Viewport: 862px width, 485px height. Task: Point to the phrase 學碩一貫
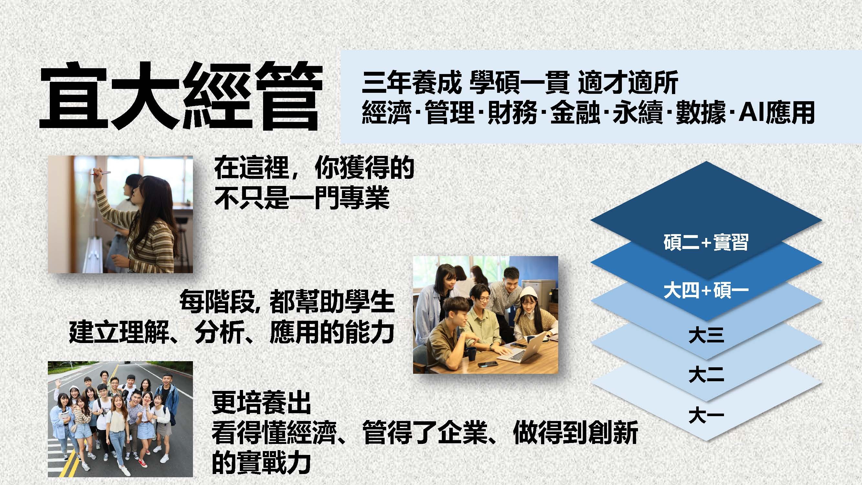pyautogui.click(x=519, y=82)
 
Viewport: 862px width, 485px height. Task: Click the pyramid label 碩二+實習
pyautogui.click(x=706, y=242)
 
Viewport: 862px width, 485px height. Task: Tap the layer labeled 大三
pyautogui.click(x=706, y=335)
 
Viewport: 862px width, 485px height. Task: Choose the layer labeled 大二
pyautogui.click(x=706, y=374)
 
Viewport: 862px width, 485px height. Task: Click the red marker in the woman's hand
pyautogui.click(x=102, y=173)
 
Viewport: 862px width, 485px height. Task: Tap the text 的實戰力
pyautogui.click(x=261, y=462)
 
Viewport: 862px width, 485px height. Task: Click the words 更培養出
pyautogui.click(x=261, y=403)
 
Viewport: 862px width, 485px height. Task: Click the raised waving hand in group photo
pyautogui.click(x=59, y=383)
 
